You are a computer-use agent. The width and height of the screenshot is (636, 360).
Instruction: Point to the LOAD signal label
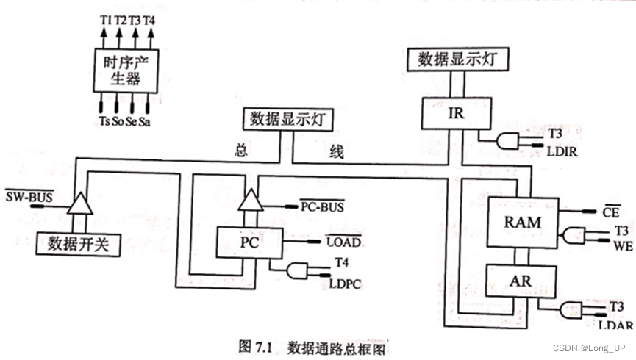(343, 241)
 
